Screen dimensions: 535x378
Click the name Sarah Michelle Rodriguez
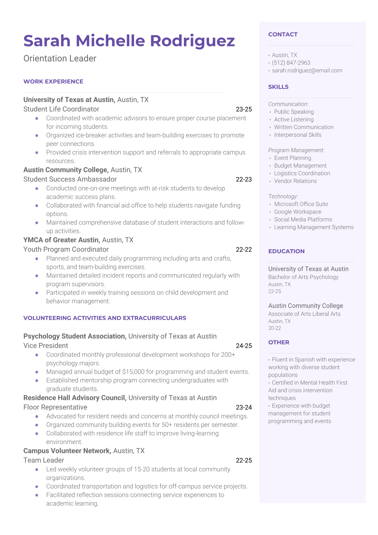pos(129,41)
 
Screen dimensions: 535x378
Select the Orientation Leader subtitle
pos(60,58)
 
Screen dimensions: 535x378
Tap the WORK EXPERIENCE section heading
pos(53,81)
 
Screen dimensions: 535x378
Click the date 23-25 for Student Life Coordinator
pos(244,109)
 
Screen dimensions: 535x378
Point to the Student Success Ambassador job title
pos(70,179)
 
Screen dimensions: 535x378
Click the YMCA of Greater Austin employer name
pos(62,240)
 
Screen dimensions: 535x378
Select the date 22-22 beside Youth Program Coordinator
pos(244,250)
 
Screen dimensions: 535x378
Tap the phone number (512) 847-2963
pos(291,63)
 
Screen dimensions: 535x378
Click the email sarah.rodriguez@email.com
pos(307,71)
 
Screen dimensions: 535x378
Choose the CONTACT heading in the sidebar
pos(283,34)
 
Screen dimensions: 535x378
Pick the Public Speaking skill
pos(294,112)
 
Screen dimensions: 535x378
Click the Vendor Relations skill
pos(295,181)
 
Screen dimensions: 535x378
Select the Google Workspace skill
pos(298,212)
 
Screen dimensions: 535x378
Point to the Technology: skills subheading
pos(283,196)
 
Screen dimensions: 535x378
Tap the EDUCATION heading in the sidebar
pos(286,251)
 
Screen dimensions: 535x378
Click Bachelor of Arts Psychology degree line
pos(303,277)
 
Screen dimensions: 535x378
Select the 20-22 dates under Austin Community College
pos(274,328)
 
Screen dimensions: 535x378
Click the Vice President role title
pos(46,346)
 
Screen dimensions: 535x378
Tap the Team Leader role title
pos(44,460)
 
